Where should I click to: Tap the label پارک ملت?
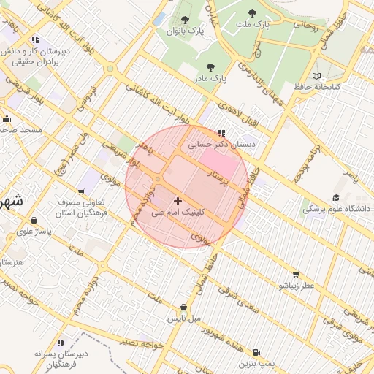click(x=252, y=25)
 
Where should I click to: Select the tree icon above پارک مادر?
click(x=210, y=67)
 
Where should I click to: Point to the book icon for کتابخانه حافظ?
click(x=316, y=76)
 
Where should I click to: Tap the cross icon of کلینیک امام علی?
click(x=178, y=200)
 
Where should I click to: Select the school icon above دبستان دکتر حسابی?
click(x=221, y=133)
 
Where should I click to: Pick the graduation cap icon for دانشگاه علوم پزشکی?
click(x=336, y=197)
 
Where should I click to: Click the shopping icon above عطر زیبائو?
click(x=295, y=275)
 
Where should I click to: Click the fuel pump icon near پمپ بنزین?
click(x=256, y=351)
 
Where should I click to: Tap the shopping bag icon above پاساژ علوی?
click(x=34, y=219)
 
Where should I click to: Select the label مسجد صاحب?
click(x=21, y=130)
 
